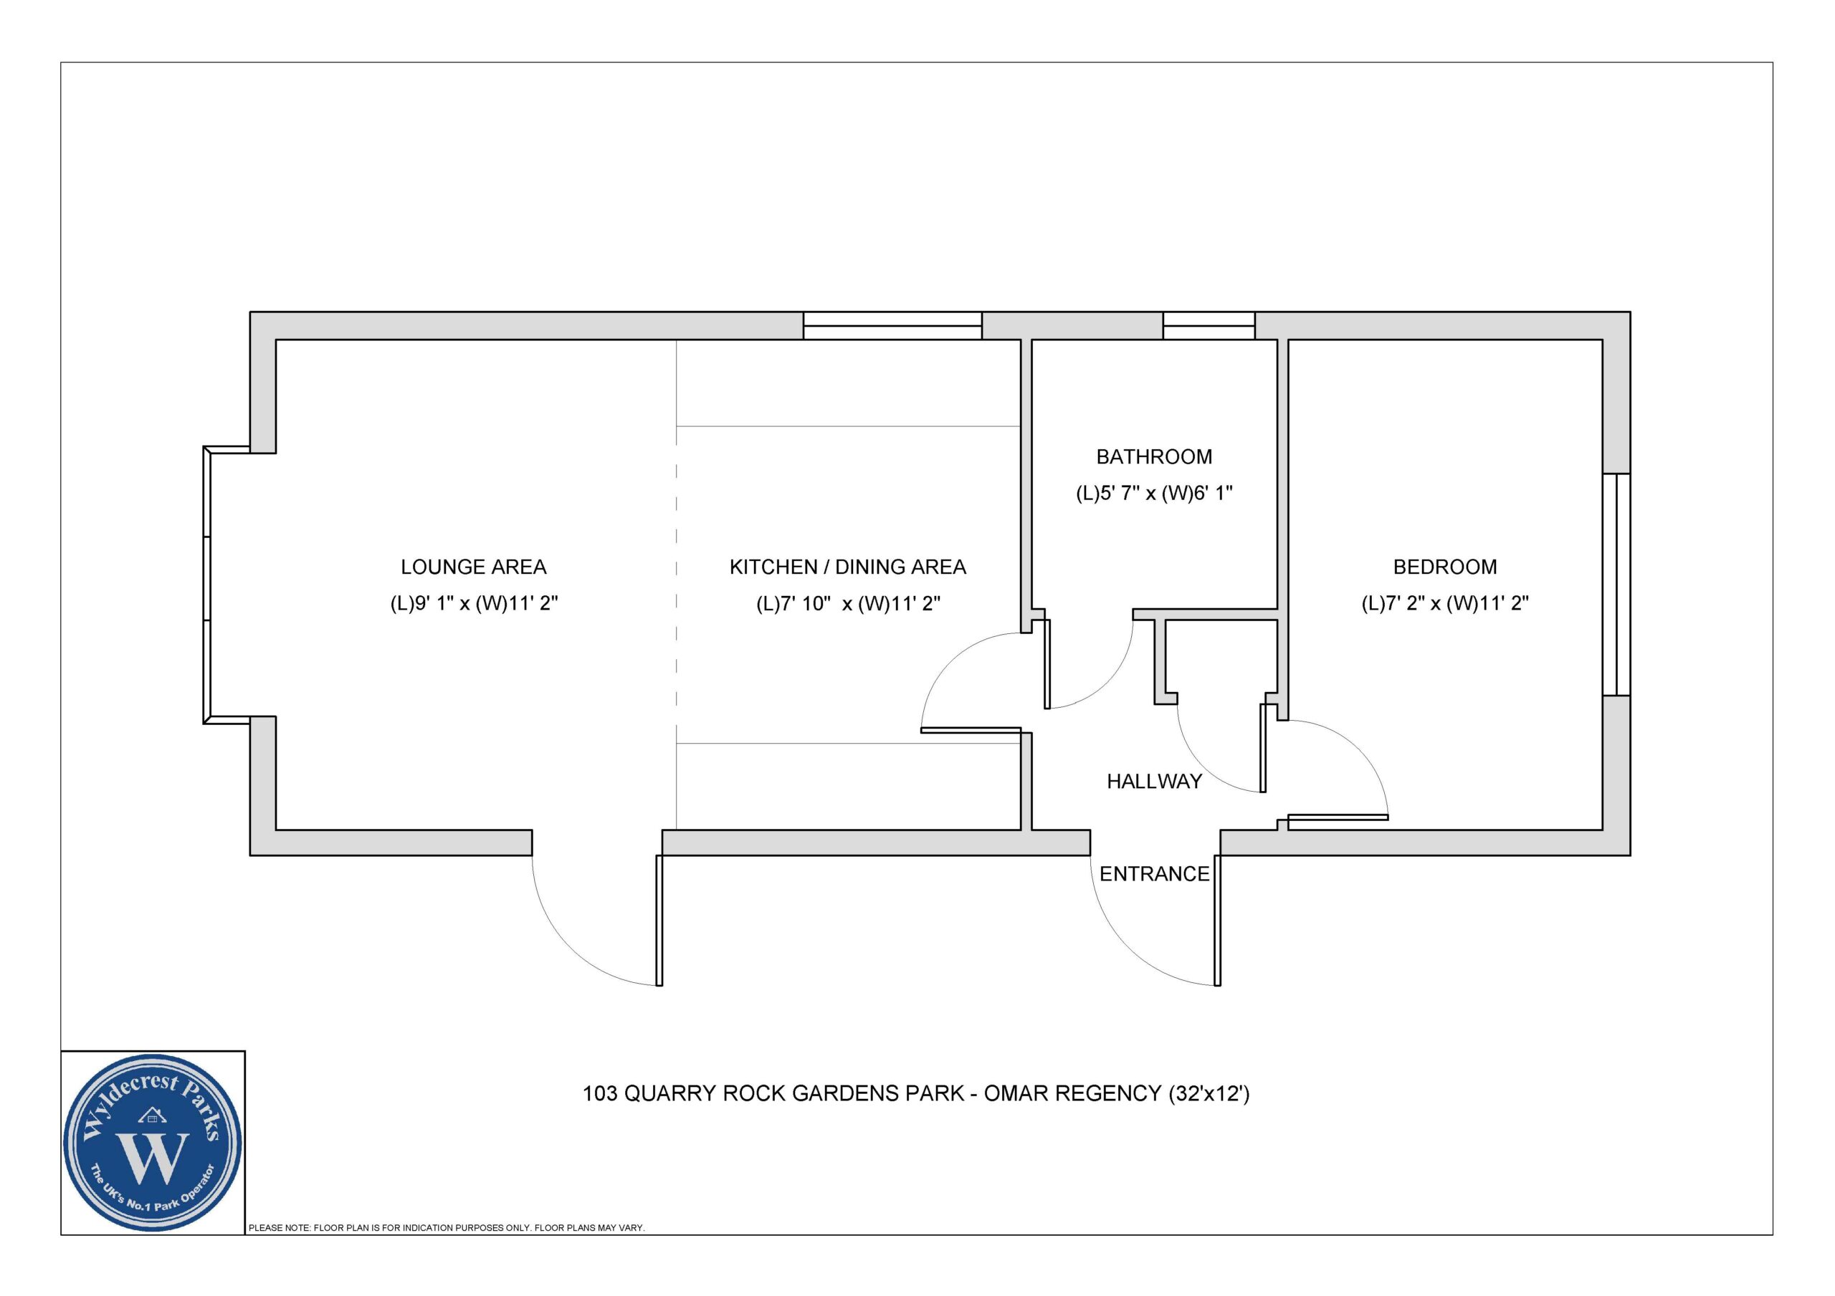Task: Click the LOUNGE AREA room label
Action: (x=473, y=567)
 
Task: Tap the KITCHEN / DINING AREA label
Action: (x=847, y=567)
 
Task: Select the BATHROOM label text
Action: (x=1153, y=456)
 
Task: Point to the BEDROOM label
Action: (x=1444, y=567)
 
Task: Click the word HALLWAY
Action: (x=1154, y=781)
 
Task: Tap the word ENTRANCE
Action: (x=1153, y=873)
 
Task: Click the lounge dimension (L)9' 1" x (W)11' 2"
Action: (x=473, y=603)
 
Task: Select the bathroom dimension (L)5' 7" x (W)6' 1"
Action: (x=1153, y=493)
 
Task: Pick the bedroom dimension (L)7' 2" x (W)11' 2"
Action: (x=1444, y=603)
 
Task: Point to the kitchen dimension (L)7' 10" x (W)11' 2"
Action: (x=847, y=603)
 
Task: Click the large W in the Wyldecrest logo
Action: (x=153, y=1158)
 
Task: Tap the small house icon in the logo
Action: (x=153, y=1115)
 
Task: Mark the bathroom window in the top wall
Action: (x=1209, y=325)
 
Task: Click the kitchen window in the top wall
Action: (x=892, y=325)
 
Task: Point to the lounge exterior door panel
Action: (x=659, y=921)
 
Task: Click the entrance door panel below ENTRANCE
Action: (x=1217, y=921)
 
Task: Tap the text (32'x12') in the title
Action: (x=1209, y=1093)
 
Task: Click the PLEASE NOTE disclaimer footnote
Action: (x=446, y=1227)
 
